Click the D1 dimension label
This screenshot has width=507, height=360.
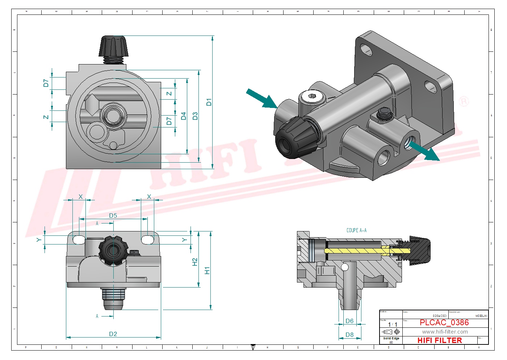click(209, 102)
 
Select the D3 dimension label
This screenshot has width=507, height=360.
click(195, 116)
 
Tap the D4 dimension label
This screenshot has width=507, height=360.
click(184, 116)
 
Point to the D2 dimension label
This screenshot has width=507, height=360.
click(113, 334)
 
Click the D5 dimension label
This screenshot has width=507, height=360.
click(113, 215)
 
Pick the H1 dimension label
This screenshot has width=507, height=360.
click(207, 271)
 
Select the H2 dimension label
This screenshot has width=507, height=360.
click(195, 262)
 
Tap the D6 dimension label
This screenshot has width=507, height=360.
click(349, 321)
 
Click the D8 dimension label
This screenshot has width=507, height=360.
click(349, 335)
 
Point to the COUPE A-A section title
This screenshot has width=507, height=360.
click(356, 230)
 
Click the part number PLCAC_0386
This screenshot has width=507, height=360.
click(444, 323)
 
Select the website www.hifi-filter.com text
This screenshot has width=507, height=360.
click(445, 332)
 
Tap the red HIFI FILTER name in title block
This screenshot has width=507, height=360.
click(440, 340)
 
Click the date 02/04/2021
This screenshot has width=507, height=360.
click(440, 316)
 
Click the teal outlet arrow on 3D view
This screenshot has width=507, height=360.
click(424, 150)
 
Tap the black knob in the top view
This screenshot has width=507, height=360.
click(113, 46)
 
